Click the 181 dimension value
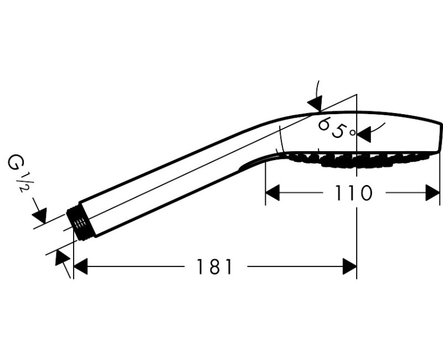click(x=214, y=266)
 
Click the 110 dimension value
click(x=353, y=193)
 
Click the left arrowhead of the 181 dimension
click(x=80, y=266)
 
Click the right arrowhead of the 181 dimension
click(x=350, y=266)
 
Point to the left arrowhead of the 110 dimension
click(x=272, y=193)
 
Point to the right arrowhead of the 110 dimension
click(x=433, y=193)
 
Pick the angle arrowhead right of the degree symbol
click(x=364, y=134)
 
